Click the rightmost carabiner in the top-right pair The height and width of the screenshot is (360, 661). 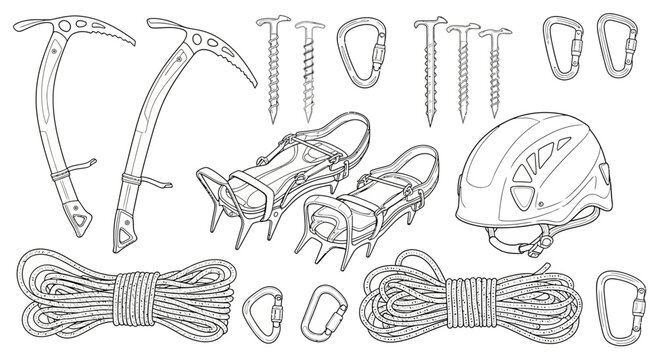(x=621, y=47)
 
